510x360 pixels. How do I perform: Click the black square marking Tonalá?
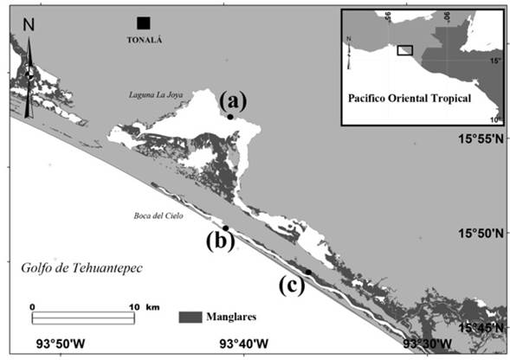pyautogui.click(x=143, y=22)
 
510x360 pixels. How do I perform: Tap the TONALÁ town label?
pyautogui.click(x=145, y=40)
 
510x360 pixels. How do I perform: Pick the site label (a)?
pyautogui.click(x=231, y=100)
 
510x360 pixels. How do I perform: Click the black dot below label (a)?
pyautogui.click(x=230, y=117)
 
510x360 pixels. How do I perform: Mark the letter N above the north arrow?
pyautogui.click(x=29, y=24)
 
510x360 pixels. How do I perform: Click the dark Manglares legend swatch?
pyautogui.click(x=190, y=317)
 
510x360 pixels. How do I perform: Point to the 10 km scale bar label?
pyautogui.click(x=141, y=306)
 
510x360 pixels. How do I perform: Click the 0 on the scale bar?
pyautogui.click(x=31, y=306)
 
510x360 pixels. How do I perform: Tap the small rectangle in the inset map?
pyautogui.click(x=403, y=49)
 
